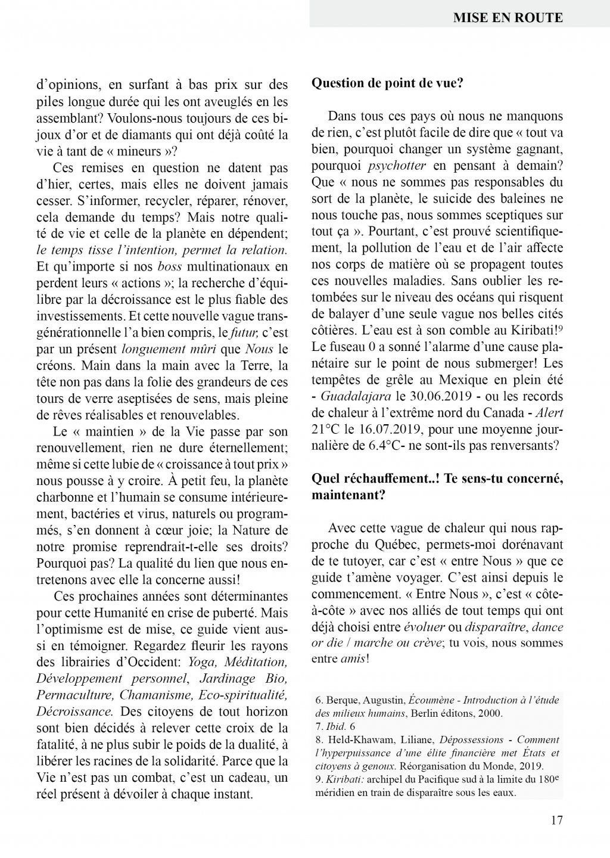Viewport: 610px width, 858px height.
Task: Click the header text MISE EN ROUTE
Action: pyautogui.click(x=507, y=17)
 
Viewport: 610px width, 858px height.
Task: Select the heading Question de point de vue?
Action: pyautogui.click(x=387, y=83)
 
